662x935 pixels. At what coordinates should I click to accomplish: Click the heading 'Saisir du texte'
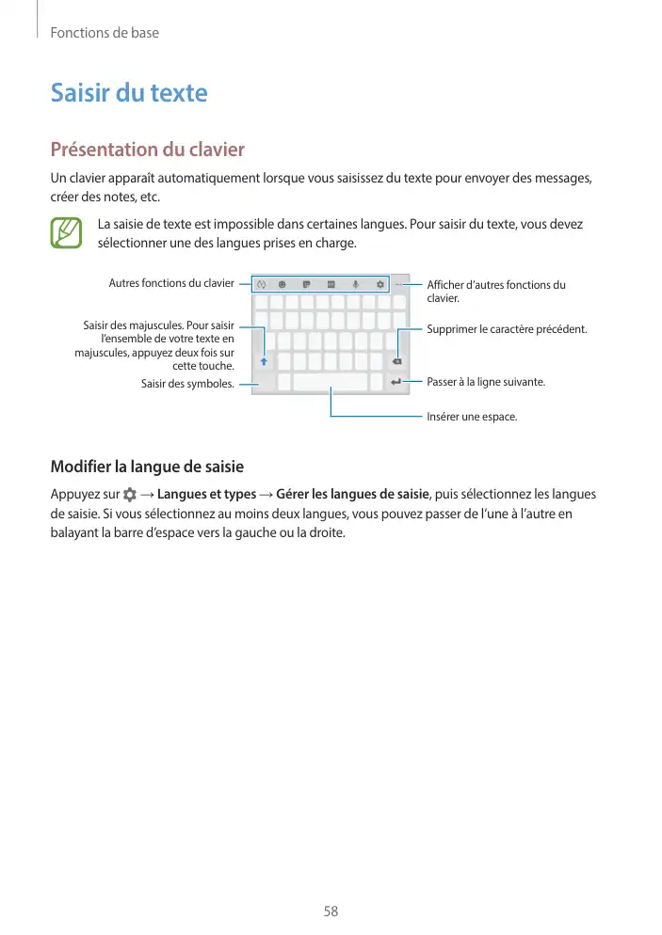128,93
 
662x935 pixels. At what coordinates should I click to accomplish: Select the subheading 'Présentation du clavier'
147,150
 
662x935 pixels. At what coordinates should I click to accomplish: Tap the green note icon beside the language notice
67,232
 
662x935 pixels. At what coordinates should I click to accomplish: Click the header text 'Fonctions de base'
104,33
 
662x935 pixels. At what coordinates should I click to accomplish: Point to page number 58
331,911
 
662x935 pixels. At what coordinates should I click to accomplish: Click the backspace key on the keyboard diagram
396,361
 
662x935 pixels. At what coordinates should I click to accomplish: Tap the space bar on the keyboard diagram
330,382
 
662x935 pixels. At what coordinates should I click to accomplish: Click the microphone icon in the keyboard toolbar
356,283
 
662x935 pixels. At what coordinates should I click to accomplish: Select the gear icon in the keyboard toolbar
379,283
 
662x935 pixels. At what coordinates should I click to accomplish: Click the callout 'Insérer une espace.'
472,416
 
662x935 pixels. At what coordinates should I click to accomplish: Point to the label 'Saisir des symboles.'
187,384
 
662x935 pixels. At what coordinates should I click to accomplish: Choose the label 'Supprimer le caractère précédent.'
507,329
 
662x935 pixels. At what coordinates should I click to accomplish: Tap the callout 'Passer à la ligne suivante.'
486,382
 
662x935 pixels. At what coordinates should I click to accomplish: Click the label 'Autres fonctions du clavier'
171,282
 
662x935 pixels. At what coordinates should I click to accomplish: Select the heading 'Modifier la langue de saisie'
147,467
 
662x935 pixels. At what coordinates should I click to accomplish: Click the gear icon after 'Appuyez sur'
129,495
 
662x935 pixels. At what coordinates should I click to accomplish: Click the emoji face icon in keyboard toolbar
283,283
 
